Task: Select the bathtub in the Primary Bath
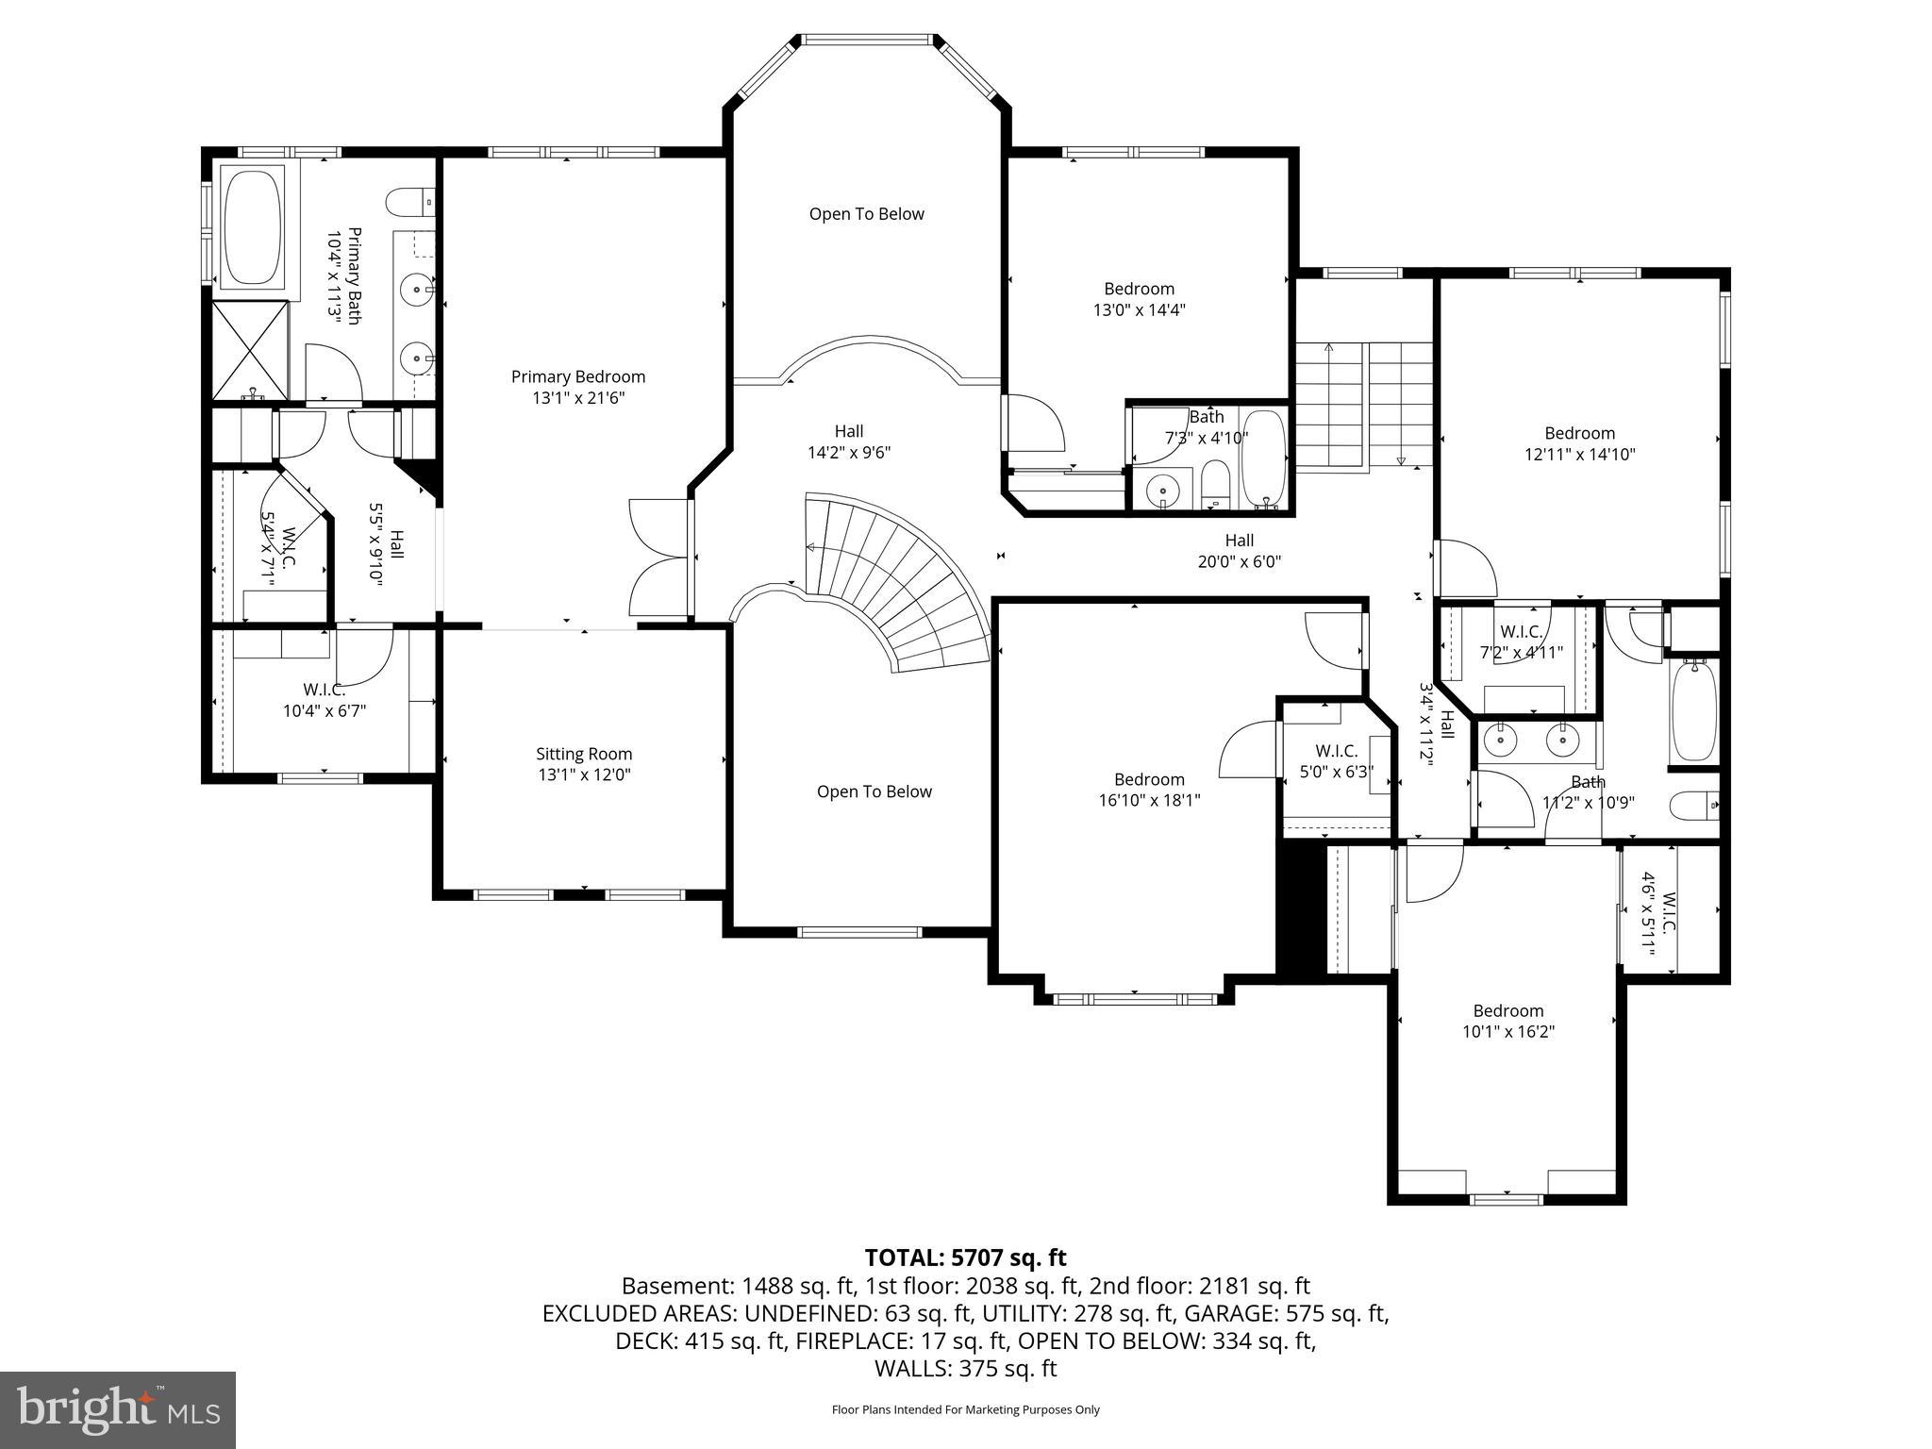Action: (253, 226)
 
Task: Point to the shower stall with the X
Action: (250, 350)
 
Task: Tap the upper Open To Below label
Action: (866, 214)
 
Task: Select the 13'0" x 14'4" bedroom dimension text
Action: (1139, 309)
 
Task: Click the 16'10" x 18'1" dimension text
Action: (1149, 800)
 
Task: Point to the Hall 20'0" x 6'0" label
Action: (1239, 551)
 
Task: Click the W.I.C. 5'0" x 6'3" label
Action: (1336, 760)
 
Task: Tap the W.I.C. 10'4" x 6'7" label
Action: (324, 700)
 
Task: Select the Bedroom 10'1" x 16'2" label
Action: (1507, 1021)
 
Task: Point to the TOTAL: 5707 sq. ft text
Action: (965, 1257)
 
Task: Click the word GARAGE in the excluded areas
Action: (1224, 1313)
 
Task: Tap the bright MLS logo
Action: (118, 1409)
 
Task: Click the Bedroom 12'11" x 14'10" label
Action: (1579, 443)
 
